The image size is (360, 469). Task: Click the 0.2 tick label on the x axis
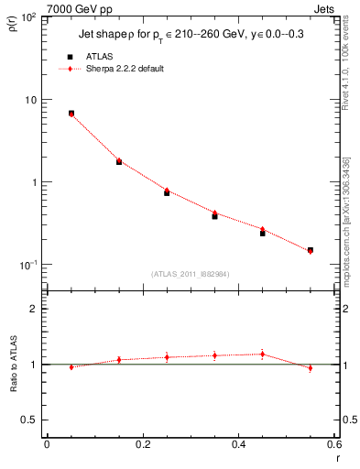pos(142,445)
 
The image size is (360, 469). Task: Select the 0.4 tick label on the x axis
pos(238,445)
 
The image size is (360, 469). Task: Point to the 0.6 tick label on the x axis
pos(333,445)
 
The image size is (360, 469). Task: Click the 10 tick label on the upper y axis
pos(30,99)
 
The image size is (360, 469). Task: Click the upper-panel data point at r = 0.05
pos(71,114)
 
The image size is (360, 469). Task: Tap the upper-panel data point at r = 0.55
pos(310,250)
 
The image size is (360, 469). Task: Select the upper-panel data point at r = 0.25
pos(167,192)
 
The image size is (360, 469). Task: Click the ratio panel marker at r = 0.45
pos(262,354)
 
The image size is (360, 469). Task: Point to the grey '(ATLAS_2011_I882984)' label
pos(191,274)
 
